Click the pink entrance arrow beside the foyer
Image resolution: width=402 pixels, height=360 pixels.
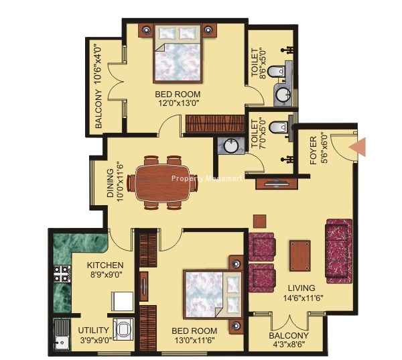click(358, 147)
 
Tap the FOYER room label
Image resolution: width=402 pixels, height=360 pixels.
click(314, 150)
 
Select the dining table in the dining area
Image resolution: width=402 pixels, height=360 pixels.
click(163, 183)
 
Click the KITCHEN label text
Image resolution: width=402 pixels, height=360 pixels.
click(105, 265)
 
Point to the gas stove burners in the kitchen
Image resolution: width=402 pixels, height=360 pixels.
click(62, 274)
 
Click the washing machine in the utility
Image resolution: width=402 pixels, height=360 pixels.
click(123, 329)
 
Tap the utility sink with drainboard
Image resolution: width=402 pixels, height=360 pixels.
click(62, 334)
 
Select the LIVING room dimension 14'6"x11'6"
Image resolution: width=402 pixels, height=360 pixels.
click(303, 298)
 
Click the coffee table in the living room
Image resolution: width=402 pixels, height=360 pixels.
click(299, 256)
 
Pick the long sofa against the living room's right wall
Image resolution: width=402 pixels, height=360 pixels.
click(338, 251)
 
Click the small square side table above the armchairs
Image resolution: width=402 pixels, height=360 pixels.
click(260, 221)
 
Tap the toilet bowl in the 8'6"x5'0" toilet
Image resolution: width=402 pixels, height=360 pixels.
click(276, 71)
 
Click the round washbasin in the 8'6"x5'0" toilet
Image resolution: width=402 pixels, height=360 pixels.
click(283, 95)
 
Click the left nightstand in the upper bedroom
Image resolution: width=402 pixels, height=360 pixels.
click(146, 30)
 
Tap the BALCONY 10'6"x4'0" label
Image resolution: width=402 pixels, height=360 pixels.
click(98, 87)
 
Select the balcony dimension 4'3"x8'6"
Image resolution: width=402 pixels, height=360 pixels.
click(289, 345)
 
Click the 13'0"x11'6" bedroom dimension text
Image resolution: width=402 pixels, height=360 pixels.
click(194, 341)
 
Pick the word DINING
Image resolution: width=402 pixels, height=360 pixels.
click(110, 183)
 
